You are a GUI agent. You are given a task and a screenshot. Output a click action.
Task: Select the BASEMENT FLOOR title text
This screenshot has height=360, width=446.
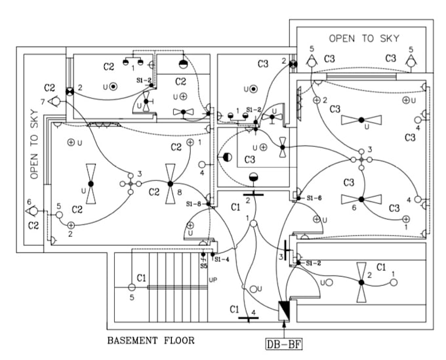(x=150, y=340)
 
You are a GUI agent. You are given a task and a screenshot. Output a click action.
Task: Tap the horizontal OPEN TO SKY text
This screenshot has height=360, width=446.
(x=363, y=39)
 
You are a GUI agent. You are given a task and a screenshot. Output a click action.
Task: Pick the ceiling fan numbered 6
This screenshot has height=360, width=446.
(x=360, y=197)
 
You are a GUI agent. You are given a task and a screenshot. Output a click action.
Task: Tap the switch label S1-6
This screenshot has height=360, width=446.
(x=314, y=197)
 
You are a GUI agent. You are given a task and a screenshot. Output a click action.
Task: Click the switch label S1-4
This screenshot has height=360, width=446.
(x=221, y=260)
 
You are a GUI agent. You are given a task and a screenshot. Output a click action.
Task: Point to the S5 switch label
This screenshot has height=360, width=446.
(x=203, y=266)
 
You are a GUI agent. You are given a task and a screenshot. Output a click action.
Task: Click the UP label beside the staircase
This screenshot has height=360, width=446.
(x=213, y=280)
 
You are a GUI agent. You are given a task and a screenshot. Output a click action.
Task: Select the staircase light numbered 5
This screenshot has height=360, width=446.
(x=131, y=287)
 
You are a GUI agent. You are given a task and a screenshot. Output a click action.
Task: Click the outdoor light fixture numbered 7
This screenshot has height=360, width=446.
(x=55, y=102)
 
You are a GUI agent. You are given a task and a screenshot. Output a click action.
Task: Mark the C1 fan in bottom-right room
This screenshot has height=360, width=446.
(x=360, y=282)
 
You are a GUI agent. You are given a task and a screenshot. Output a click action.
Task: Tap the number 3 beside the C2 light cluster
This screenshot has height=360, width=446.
(x=138, y=174)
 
